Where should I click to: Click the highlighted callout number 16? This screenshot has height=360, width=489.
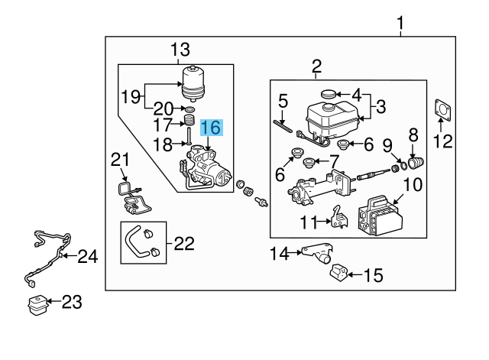[x=212, y=128]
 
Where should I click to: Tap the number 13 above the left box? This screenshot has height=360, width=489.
[x=180, y=51]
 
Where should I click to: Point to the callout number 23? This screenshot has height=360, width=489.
[x=70, y=302]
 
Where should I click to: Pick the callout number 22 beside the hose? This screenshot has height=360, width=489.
[x=183, y=244]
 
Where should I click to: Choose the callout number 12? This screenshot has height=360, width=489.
[x=442, y=141]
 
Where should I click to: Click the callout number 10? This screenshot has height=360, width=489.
[x=412, y=184]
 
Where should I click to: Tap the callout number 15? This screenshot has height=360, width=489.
[x=373, y=274]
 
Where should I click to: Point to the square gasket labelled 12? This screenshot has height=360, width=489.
[x=442, y=109]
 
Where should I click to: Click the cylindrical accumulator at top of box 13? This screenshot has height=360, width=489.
[x=193, y=82]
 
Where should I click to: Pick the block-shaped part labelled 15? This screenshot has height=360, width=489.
[x=340, y=273]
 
